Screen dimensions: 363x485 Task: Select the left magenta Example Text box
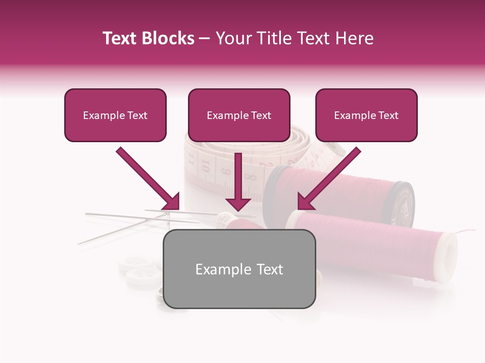115,115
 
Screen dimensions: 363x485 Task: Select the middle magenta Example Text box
239,115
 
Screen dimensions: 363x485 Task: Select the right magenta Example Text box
366,115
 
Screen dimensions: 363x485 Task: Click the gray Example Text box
239,269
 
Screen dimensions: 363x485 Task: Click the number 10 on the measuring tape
206,164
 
